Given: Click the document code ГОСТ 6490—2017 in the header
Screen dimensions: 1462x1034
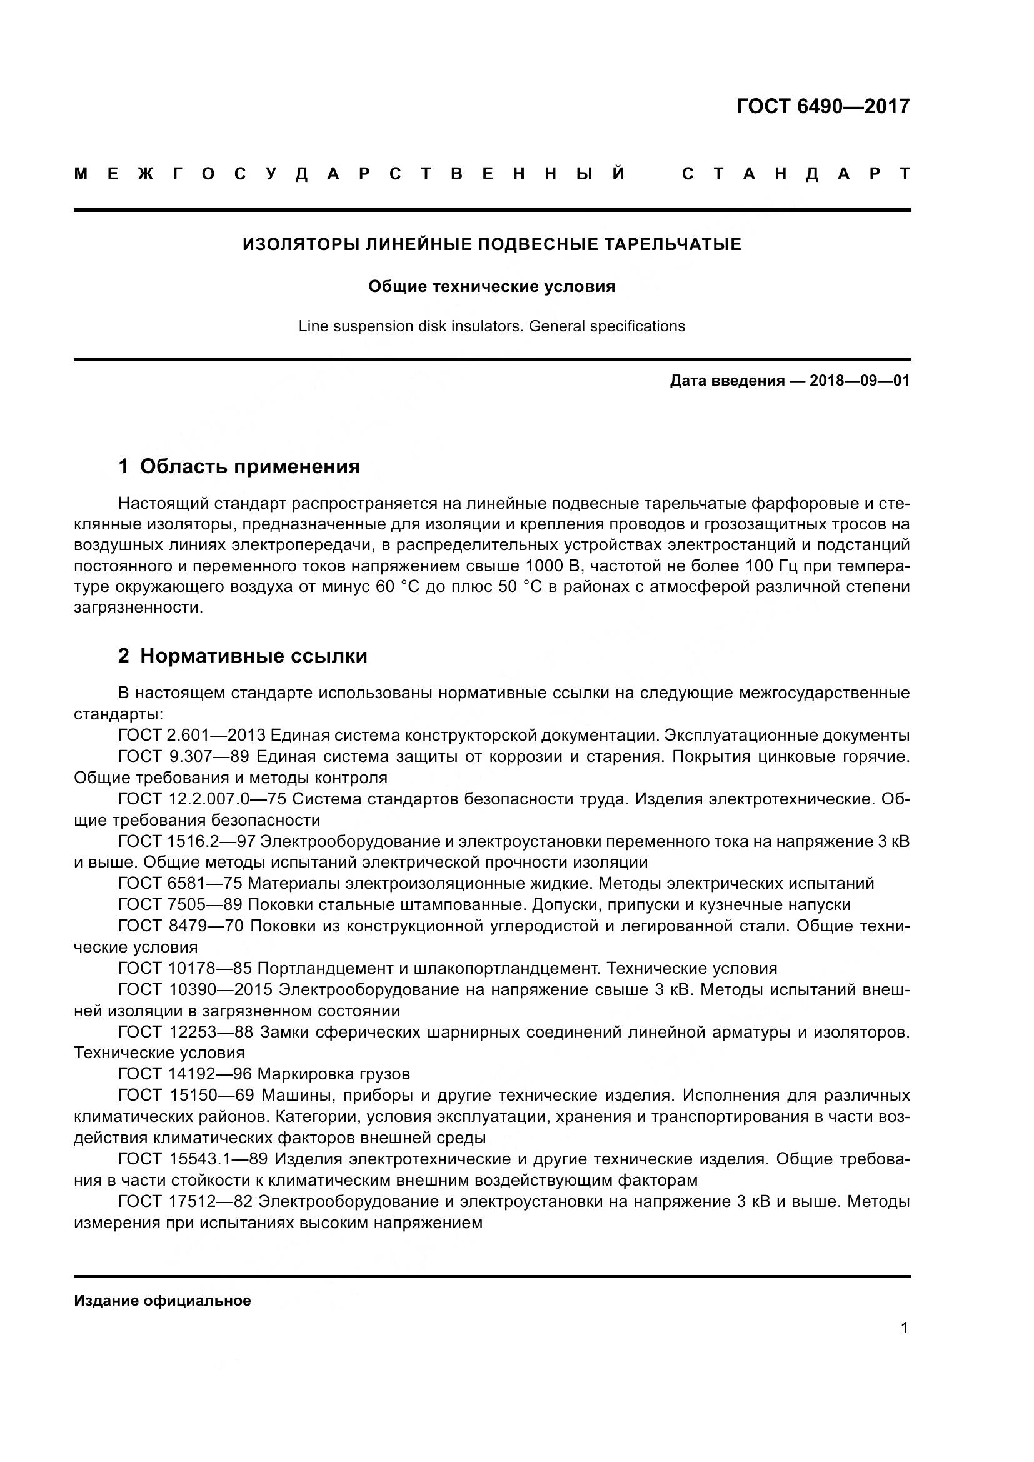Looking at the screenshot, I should point(823,106).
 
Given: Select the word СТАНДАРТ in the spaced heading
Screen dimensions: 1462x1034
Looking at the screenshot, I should point(795,174).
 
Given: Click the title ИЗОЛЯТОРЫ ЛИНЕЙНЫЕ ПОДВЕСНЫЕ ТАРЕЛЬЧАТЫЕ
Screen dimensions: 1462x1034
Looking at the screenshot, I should point(491,244).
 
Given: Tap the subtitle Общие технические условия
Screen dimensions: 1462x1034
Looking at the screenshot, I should point(491,286).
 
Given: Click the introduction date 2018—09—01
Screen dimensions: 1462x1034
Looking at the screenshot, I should point(860,381).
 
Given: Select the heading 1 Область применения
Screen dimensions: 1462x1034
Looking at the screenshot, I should point(239,467).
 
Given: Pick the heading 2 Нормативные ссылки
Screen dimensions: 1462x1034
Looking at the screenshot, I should point(243,656).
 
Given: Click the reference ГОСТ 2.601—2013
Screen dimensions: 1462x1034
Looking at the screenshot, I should point(191,736).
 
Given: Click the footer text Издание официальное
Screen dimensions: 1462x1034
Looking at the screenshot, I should point(163,1301).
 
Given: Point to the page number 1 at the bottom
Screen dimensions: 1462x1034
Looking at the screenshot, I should point(904,1328).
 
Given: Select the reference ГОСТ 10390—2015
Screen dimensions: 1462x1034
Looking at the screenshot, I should point(195,990).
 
